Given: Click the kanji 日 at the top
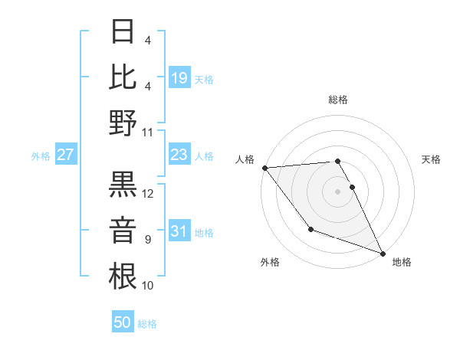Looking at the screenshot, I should [123, 32].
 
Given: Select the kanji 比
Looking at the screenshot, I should [123, 77].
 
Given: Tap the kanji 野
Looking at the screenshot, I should [123, 122].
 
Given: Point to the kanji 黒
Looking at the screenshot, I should [123, 185].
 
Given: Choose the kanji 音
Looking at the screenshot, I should [123, 229].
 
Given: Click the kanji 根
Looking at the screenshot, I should [123, 275].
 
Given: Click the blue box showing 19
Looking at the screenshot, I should [179, 77].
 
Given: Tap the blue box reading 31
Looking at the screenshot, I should [179, 232].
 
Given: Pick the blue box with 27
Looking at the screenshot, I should [66, 155].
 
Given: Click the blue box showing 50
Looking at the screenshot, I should [123, 322].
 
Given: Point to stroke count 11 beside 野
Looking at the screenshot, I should [148, 132].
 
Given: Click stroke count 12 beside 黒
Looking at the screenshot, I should [148, 194].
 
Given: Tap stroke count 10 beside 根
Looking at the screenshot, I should [148, 285].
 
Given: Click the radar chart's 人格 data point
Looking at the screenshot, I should [264, 167].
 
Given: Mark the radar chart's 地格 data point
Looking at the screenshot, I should [383, 254].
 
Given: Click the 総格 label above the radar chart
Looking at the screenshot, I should [337, 100].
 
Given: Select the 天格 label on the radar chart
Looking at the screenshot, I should [431, 159].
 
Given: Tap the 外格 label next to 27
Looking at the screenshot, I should [41, 156].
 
